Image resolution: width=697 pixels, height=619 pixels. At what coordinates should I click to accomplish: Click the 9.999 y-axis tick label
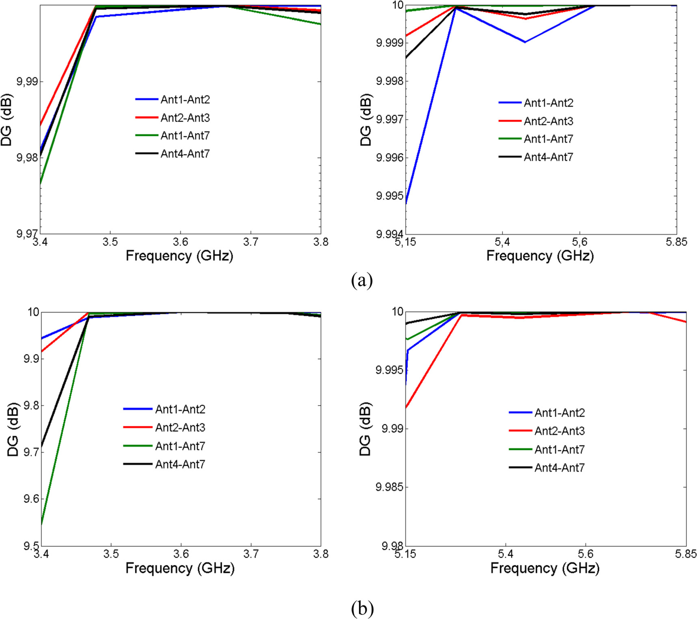coord(390,43)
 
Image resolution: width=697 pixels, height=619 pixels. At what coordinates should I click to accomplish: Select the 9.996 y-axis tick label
coord(390,158)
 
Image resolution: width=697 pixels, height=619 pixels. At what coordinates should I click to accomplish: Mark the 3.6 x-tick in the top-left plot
coord(180,242)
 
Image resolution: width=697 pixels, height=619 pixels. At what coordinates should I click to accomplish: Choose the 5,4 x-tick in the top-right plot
coord(502,242)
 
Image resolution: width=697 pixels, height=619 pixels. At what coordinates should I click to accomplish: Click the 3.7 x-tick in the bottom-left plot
coord(251,554)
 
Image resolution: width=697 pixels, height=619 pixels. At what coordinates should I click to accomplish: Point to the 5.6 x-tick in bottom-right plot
coord(585,554)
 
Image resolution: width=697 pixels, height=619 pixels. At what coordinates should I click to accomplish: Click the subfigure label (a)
coord(361,280)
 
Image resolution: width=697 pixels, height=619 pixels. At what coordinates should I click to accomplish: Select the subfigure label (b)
coord(361,608)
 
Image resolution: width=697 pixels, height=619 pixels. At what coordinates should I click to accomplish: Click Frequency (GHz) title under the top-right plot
coord(540,256)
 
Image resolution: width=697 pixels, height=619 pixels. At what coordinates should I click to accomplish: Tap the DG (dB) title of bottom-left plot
coord(13,429)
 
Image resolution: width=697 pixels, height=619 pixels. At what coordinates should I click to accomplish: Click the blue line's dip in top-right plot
coord(525,42)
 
